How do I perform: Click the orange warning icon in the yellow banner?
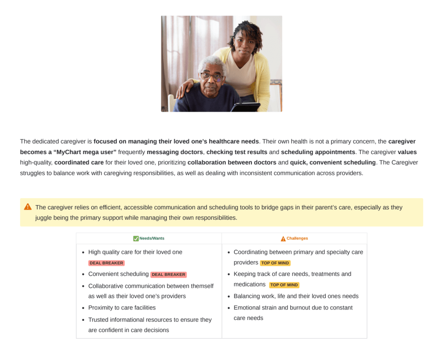[28, 207]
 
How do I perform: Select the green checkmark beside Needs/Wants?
[136, 239]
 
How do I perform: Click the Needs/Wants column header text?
[152, 239]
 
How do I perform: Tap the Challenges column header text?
[297, 239]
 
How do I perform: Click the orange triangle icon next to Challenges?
[283, 239]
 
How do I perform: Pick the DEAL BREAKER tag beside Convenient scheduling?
[168, 275]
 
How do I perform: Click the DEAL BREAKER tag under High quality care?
[107, 263]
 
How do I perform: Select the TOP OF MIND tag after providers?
[275, 263]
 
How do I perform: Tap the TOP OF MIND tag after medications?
[284, 285]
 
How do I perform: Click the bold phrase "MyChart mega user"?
[70, 152]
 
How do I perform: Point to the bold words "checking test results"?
[237, 152]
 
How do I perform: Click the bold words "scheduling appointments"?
[318, 152]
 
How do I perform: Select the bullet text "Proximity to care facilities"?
[122, 308]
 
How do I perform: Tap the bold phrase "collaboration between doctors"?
[232, 162]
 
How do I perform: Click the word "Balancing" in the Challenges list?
[248, 296]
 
